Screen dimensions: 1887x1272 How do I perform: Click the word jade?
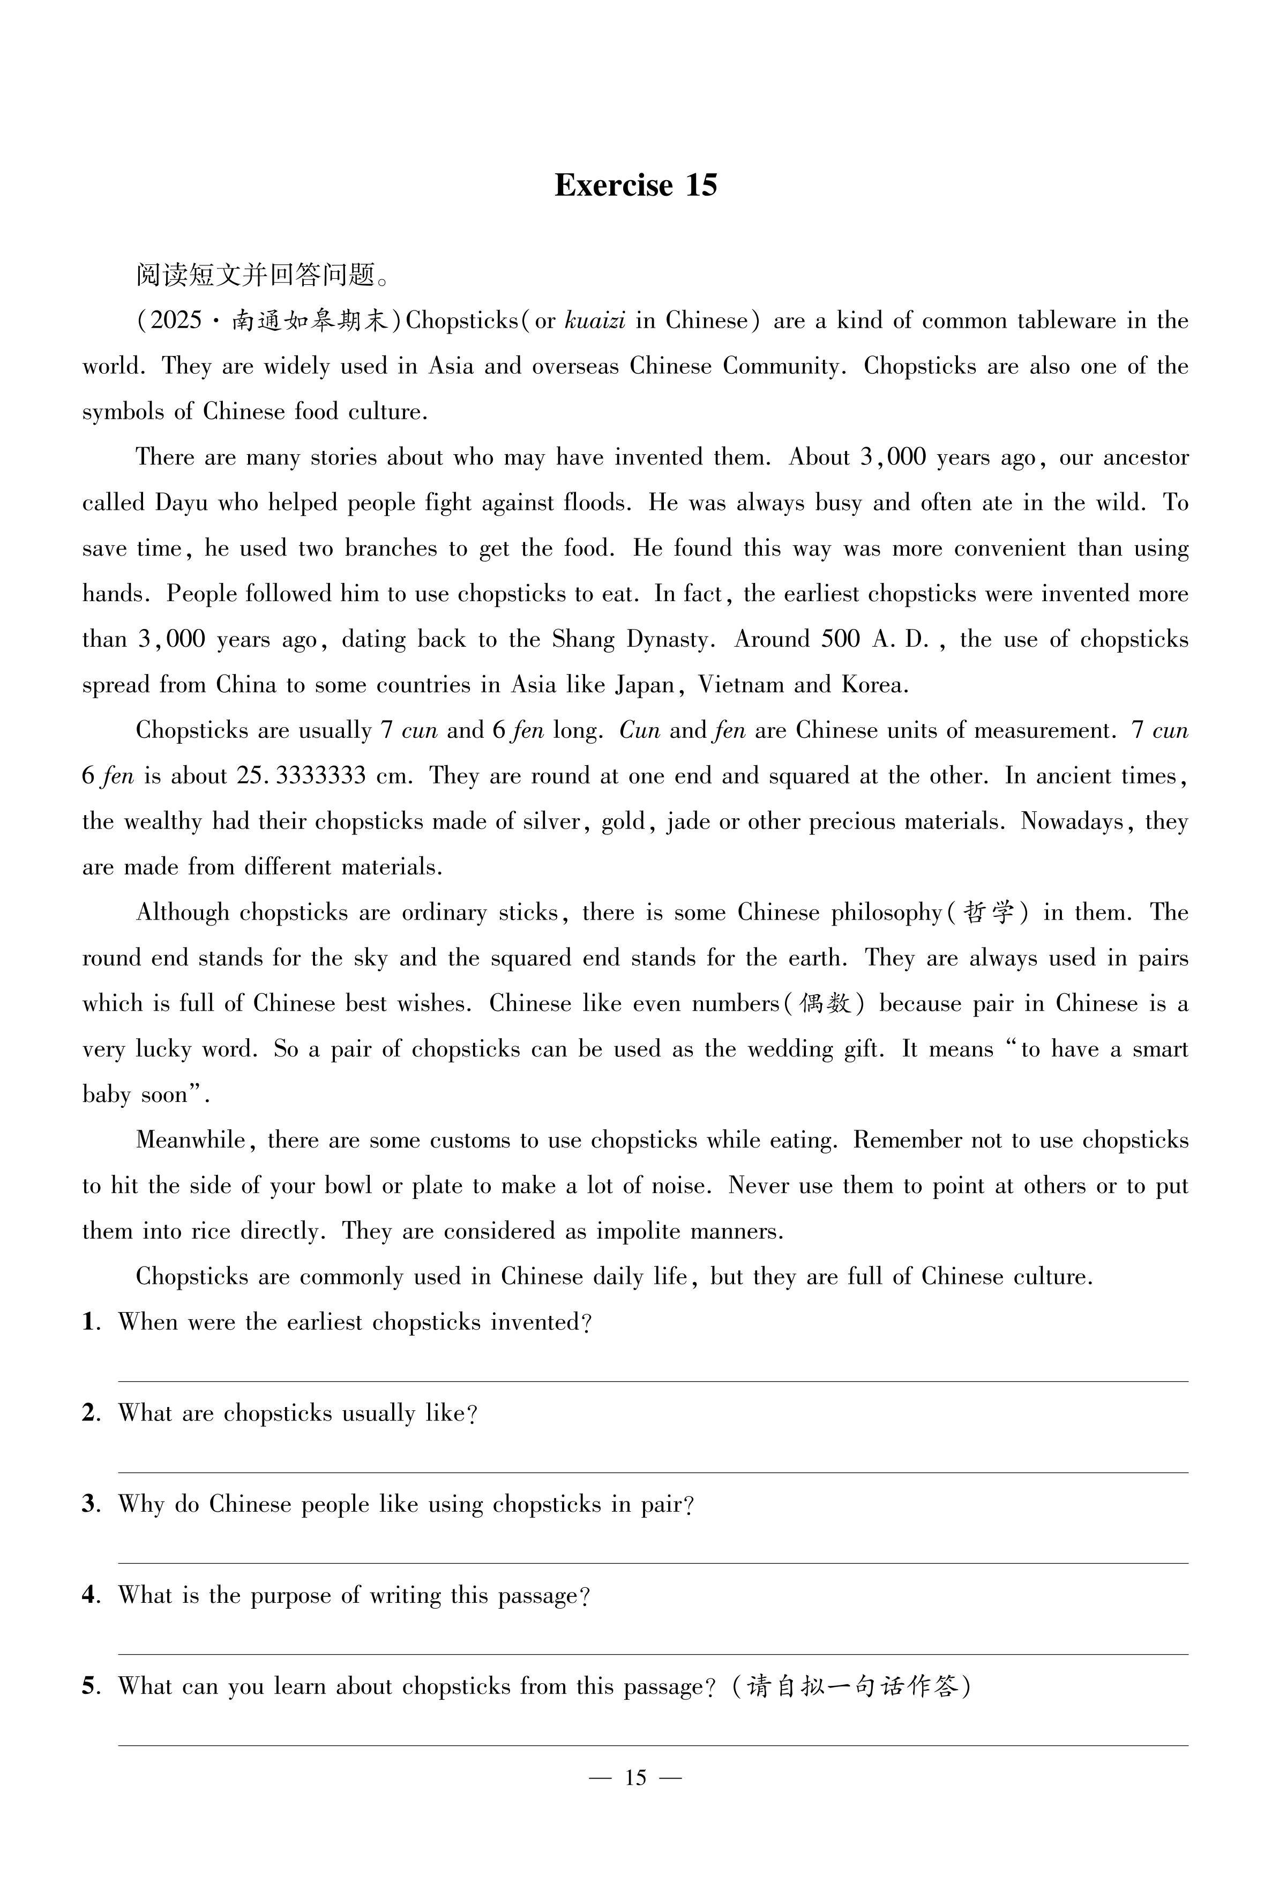click(x=687, y=822)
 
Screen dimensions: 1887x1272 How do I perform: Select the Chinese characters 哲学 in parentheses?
click(x=989, y=913)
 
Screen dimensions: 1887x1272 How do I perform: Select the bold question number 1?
click(x=90, y=1323)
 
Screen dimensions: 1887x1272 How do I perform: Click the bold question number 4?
click(x=90, y=1596)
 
